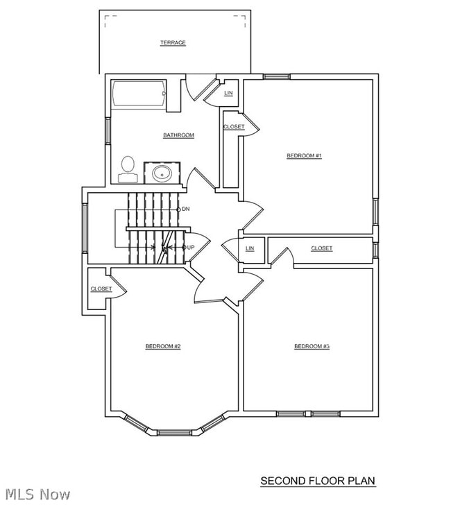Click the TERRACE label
point(173,42)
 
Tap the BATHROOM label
point(178,135)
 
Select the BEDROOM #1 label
point(304,155)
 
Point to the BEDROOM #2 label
point(163,346)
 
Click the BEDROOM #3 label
point(312,346)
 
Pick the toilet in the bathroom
point(128,170)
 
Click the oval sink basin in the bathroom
point(162,173)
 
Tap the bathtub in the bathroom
point(139,94)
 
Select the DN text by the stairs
point(185,209)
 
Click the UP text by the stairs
point(191,248)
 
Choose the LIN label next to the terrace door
point(228,93)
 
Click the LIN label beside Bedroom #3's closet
point(250,248)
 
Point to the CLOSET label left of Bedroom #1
point(234,126)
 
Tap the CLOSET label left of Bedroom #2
point(101,289)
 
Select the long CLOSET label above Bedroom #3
point(321,248)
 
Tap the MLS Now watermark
point(37,495)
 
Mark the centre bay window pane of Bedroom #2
point(175,433)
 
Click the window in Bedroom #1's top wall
point(277,76)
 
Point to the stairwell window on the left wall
point(85,228)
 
